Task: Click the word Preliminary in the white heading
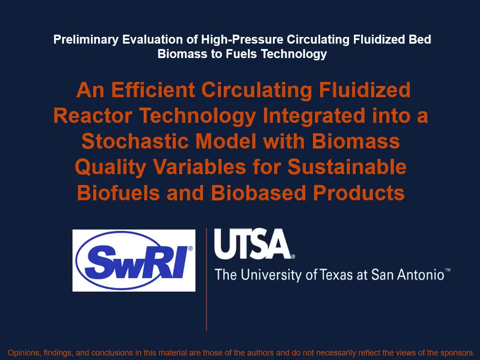click(x=86, y=40)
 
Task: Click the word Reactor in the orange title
click(x=93, y=116)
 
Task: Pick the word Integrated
click(x=314, y=116)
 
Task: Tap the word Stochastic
click(x=135, y=142)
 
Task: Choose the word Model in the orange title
click(x=226, y=142)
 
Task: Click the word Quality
click(x=110, y=167)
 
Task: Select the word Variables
click(x=199, y=167)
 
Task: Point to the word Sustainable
click(x=347, y=167)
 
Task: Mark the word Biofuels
click(x=118, y=193)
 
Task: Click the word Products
click(x=359, y=193)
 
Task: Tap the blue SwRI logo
click(x=134, y=260)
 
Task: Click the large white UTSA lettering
click(x=253, y=244)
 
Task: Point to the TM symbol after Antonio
click(x=448, y=270)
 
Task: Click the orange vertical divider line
click(x=207, y=279)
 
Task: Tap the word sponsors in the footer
click(x=457, y=353)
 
